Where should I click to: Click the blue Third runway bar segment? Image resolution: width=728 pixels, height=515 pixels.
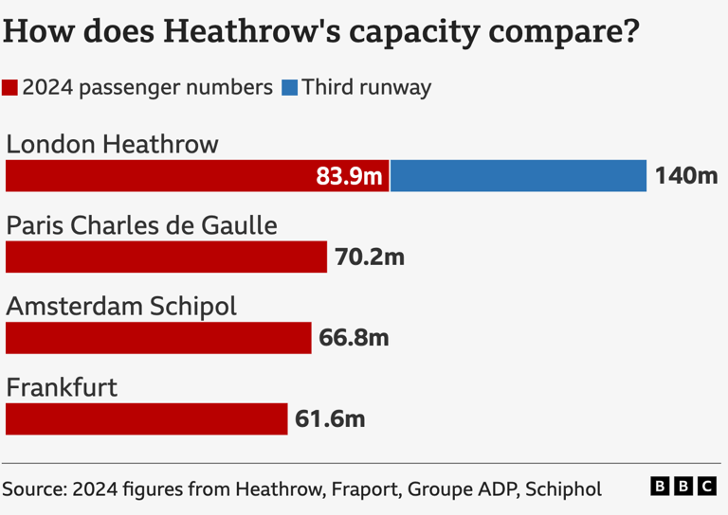tap(519, 176)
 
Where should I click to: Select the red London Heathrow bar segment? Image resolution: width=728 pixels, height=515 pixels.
tap(161, 176)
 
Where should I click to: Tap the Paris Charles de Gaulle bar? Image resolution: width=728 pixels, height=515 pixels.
tap(166, 257)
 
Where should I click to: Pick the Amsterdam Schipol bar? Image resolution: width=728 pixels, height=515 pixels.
tap(158, 338)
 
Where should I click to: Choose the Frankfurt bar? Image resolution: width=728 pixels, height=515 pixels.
tap(146, 419)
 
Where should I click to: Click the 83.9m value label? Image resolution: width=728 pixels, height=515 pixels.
tap(349, 176)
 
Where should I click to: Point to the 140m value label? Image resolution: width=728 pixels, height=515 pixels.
tap(686, 176)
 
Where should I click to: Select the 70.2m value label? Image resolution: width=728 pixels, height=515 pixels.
tap(369, 257)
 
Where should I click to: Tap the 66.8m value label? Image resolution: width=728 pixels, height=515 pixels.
tap(354, 338)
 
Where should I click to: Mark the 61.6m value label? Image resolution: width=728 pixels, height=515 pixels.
tap(330, 419)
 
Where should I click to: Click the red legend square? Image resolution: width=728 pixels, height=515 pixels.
tap(10, 88)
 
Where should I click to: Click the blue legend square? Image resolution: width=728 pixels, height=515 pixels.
tap(289, 88)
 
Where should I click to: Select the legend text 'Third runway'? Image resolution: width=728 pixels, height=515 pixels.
tap(366, 88)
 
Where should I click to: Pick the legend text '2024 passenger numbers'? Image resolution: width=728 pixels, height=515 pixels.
tap(147, 88)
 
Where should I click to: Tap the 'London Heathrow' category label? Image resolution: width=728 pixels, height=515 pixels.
tap(112, 144)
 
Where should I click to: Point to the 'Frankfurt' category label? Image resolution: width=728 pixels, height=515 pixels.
tap(62, 387)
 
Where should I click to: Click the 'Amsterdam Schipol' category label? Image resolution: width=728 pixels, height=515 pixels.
tap(121, 307)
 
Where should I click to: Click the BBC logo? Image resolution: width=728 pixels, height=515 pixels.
tap(683, 487)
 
